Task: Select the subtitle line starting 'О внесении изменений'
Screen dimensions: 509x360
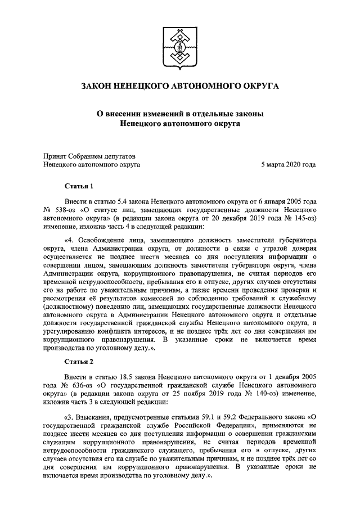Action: pyautogui.click(x=180, y=114)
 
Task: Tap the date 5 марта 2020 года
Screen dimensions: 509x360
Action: pyautogui.click(x=288, y=164)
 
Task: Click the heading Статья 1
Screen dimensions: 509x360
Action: pyautogui.click(x=78, y=186)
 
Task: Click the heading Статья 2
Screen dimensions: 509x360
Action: pyautogui.click(x=78, y=361)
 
